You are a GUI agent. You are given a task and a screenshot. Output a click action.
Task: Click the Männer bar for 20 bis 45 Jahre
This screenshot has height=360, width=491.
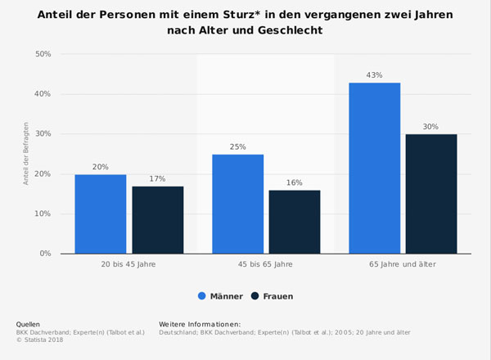(101, 214)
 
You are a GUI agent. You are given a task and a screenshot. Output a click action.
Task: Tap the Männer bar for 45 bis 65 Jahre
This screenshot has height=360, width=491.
(237, 204)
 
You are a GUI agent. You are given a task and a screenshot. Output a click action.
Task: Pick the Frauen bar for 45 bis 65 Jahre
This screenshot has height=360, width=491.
(295, 222)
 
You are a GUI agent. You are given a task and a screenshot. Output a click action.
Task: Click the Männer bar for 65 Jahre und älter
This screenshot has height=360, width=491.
(374, 168)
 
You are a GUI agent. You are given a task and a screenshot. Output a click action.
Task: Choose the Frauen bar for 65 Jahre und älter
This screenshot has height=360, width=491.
(431, 194)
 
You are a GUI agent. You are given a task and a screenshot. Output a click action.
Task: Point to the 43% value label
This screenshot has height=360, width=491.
(374, 75)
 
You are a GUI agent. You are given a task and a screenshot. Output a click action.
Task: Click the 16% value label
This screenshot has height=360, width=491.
(295, 182)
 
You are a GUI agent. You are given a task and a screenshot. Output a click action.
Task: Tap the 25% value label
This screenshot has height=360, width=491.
(237, 147)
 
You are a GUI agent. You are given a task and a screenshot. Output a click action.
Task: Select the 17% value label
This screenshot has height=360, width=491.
(158, 178)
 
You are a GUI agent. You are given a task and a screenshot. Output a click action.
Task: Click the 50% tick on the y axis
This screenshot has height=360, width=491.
(42, 54)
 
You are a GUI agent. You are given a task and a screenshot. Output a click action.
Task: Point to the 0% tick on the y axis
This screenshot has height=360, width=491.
(44, 254)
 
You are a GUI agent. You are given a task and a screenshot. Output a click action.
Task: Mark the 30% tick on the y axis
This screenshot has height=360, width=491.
(42, 134)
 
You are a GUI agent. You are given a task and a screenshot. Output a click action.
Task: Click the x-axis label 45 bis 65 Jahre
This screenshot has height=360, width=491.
(265, 264)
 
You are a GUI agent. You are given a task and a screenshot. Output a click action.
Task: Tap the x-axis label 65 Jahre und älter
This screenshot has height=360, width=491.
(403, 264)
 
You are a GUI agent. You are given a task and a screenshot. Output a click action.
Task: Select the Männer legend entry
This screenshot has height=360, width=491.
(220, 296)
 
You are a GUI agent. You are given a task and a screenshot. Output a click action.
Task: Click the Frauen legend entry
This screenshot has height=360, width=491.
(272, 296)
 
